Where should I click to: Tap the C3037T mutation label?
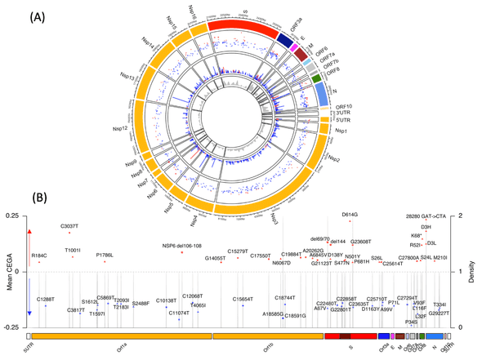pyautogui.click(x=70, y=225)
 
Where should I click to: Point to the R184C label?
pyautogui.click(x=39, y=256)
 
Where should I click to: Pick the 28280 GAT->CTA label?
pyautogui.click(x=425, y=216)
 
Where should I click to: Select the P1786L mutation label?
pyautogui.click(x=105, y=256)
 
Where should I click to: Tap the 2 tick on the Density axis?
pyautogui.click(x=462, y=216)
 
